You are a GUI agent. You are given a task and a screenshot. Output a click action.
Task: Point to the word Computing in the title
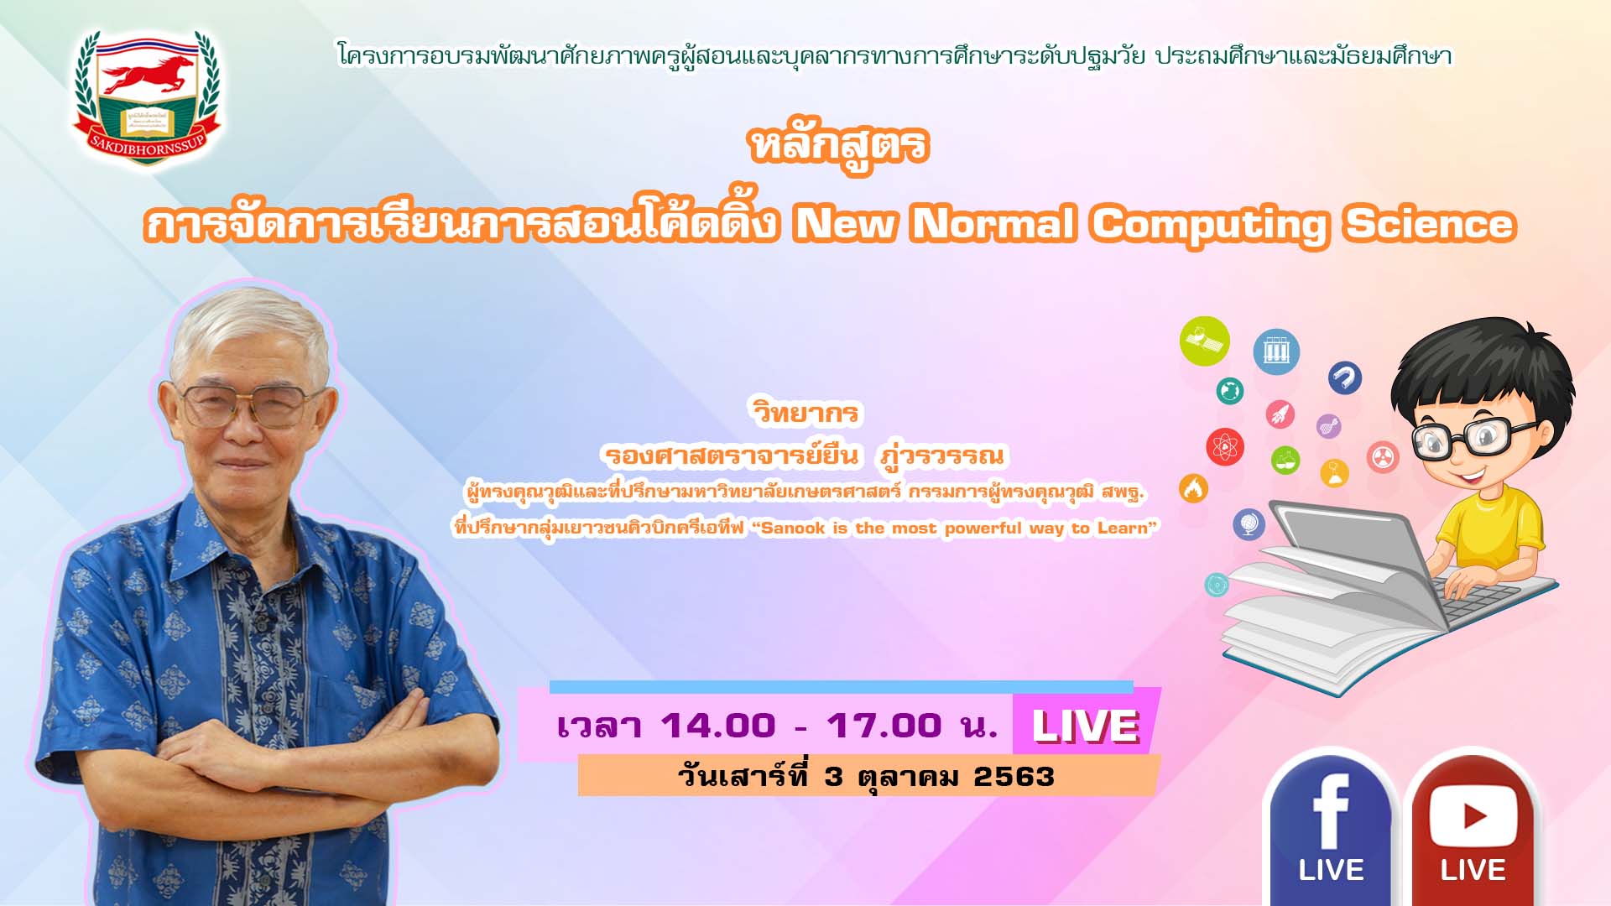(x=1209, y=226)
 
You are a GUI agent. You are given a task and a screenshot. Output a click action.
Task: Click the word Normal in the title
(x=993, y=224)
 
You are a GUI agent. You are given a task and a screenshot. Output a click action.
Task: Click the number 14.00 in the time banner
(x=718, y=726)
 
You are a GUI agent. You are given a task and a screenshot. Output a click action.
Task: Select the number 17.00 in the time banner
(x=884, y=726)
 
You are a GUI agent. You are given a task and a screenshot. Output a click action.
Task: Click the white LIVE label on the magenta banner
(x=1086, y=726)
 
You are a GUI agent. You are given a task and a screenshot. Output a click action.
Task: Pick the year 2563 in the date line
(x=1014, y=777)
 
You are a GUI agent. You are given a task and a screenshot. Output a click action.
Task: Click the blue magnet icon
(x=1345, y=377)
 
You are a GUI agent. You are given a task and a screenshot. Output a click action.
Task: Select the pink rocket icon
(x=1280, y=414)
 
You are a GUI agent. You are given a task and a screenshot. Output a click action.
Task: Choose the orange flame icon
(x=1193, y=488)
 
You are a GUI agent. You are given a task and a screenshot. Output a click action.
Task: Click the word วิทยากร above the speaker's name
(x=805, y=413)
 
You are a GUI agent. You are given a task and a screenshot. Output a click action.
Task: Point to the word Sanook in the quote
(x=793, y=528)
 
